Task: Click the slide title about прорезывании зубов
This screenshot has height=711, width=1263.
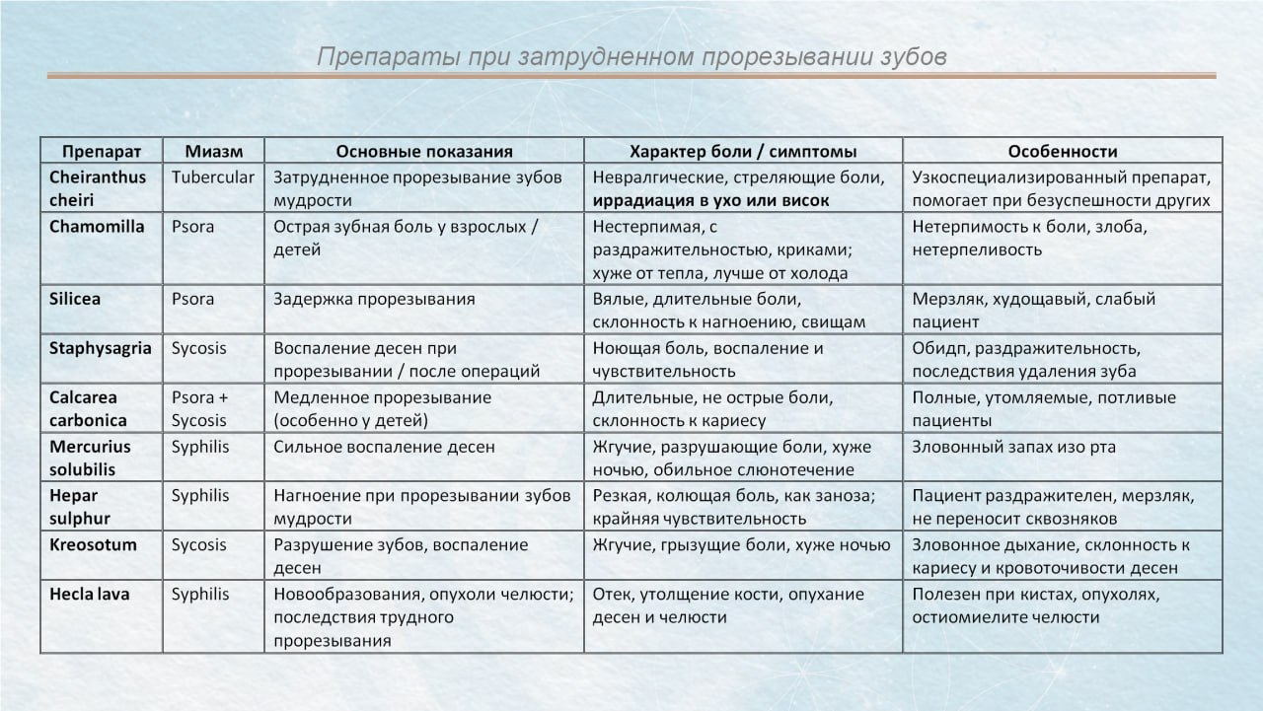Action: [x=631, y=57]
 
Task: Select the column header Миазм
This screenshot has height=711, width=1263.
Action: [x=213, y=151]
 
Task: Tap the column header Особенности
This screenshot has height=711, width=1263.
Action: [x=1063, y=151]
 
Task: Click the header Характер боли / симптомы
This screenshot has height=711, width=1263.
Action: [x=743, y=151]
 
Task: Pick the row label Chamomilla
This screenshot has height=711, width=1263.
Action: [x=97, y=226]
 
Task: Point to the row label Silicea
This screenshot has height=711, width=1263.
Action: [x=75, y=299]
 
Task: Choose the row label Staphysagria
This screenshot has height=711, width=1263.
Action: [x=100, y=348]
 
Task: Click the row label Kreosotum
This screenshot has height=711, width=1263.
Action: [x=93, y=544]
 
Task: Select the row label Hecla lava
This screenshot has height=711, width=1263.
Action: [x=90, y=594]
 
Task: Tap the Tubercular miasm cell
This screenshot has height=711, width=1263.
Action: [x=213, y=178]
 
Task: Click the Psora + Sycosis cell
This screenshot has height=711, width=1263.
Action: [x=199, y=409]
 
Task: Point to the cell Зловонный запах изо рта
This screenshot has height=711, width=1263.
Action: [x=1014, y=447]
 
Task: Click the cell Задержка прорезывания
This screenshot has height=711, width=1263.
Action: [x=374, y=299]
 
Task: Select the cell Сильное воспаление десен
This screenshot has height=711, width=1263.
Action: [x=384, y=447]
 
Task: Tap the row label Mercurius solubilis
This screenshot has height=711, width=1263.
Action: [x=90, y=459]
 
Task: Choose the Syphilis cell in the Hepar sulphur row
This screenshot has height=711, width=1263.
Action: [x=200, y=496]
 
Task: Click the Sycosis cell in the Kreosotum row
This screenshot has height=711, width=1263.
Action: [x=199, y=544]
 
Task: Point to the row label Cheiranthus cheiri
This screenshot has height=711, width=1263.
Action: [x=98, y=188]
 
